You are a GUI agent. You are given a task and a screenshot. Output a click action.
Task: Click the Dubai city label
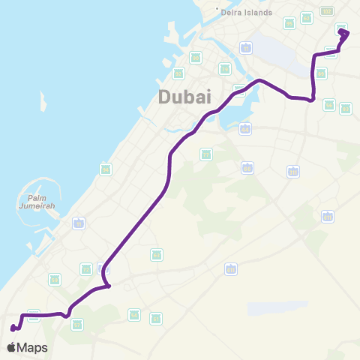click(184, 97)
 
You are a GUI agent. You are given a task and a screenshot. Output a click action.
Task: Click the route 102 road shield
click(327, 10)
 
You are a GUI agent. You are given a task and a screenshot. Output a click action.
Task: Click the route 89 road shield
click(321, 73)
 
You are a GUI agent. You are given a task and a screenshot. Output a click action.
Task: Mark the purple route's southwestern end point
click(13, 328)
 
